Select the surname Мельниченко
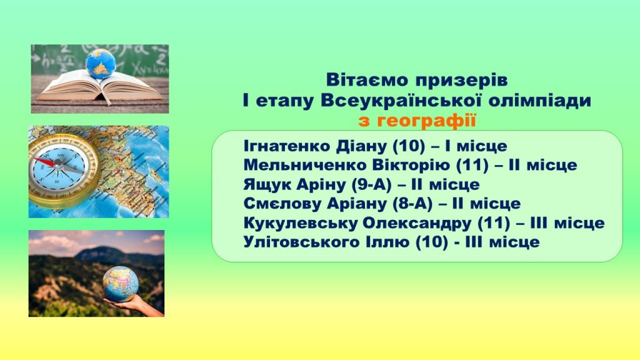305,165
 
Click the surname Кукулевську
301,223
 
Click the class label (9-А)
371,184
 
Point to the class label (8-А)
412,204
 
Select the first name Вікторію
411,165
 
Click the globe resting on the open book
100,64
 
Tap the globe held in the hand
121,284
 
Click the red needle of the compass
44,162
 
